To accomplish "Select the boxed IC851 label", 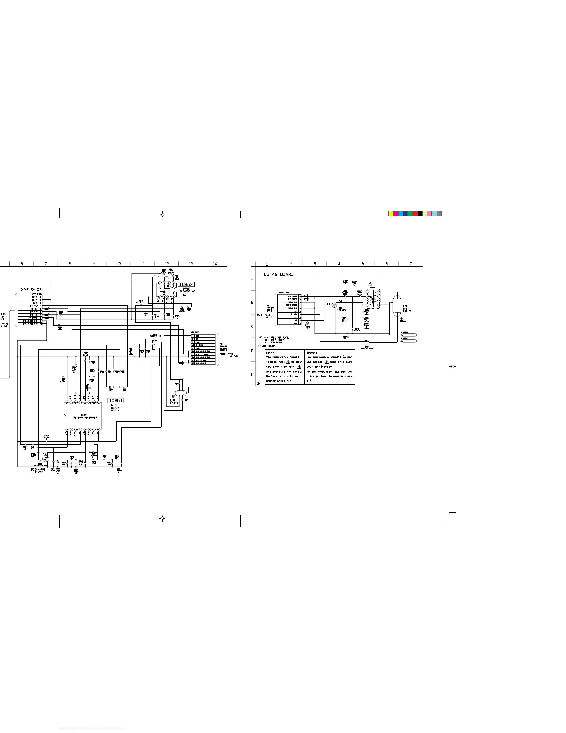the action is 116,401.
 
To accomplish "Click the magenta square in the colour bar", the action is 396,214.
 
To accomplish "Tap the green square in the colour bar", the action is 410,214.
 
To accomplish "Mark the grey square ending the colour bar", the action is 439,214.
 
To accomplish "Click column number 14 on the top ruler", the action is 215,264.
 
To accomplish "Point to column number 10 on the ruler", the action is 118,264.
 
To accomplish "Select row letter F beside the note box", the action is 252,374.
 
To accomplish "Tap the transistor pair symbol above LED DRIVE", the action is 179,393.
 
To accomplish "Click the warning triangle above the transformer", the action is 370,284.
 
